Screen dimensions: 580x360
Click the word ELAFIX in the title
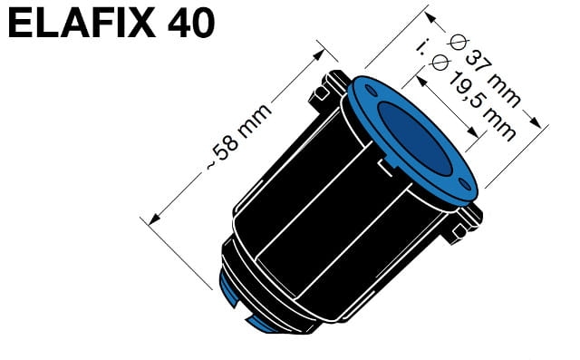[x=82, y=23]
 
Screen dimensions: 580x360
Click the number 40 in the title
[x=191, y=23]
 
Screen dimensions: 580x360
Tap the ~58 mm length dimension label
[x=238, y=137]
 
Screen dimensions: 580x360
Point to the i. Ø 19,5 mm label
[x=465, y=90]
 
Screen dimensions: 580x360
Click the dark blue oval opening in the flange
[x=415, y=139]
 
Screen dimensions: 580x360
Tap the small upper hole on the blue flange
[x=371, y=91]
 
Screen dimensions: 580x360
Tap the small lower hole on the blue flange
[x=465, y=184]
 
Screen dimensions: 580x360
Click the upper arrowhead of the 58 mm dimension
[x=318, y=54]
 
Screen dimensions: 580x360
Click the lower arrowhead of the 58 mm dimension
[x=154, y=219]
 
